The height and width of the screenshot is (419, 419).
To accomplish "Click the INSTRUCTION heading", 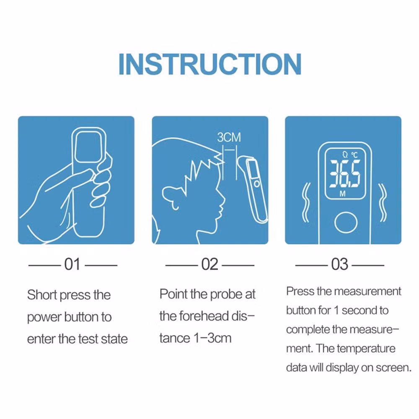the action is point(210,64).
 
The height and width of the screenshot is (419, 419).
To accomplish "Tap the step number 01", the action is point(72,264).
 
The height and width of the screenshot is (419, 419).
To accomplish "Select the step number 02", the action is point(210,264).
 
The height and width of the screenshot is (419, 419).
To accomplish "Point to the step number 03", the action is point(340,264).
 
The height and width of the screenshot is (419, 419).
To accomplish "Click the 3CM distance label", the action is point(229,137).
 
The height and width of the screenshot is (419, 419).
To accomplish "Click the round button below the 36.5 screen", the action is point(346,222).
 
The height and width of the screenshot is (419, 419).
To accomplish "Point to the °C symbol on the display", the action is point(354,155).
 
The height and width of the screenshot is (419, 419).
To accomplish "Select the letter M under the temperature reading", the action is point(343,194).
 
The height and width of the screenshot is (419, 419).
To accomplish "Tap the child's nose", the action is point(222,199).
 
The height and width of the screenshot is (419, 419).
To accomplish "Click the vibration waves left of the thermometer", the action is point(306,202).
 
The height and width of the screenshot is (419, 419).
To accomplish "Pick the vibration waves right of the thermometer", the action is point(383,202).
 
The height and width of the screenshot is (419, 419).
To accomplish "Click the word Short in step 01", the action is point(42,295).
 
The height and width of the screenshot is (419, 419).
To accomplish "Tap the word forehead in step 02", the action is point(204,316).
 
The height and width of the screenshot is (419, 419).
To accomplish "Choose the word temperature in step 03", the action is point(366,349).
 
